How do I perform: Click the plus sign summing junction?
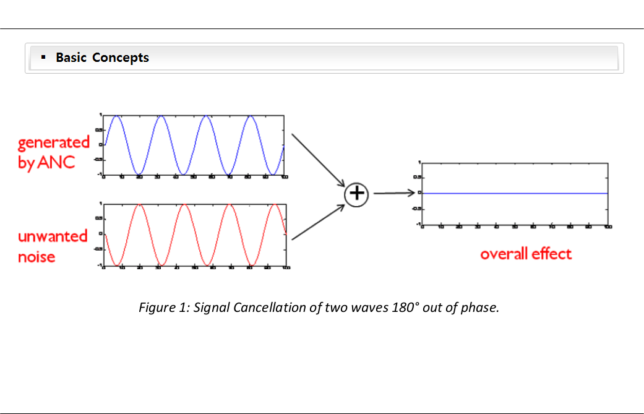tap(356, 194)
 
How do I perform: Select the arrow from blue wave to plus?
tap(317, 159)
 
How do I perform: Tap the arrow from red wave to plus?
tap(317, 223)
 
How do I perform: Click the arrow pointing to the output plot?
tap(393, 193)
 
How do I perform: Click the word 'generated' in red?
tap(54, 142)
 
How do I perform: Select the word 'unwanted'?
tap(53, 236)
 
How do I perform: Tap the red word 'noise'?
tap(36, 256)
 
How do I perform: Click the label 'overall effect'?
tap(526, 254)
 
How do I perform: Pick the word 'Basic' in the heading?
tap(71, 58)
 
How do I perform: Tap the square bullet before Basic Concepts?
tap(43, 57)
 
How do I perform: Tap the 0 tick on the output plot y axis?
tap(419, 192)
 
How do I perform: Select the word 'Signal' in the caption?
tap(212, 308)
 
